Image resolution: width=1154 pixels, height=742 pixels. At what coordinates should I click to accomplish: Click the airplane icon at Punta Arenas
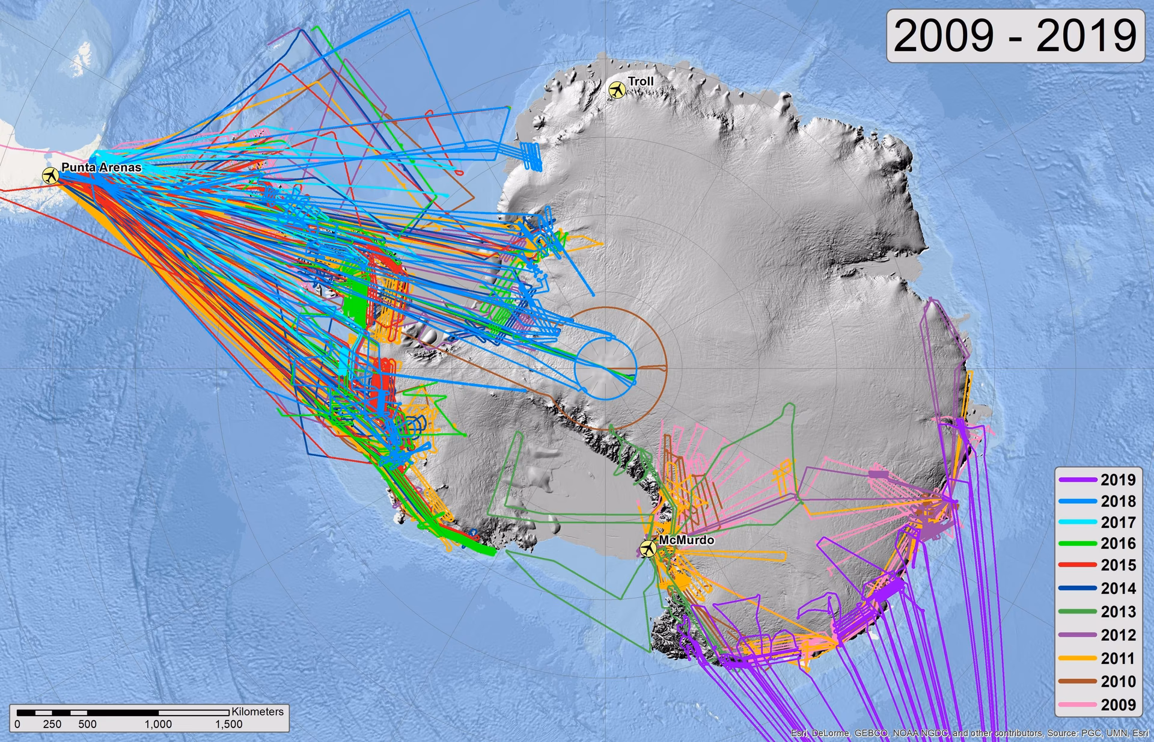pos(50,176)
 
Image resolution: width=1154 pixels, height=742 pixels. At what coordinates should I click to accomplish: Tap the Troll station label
pos(640,81)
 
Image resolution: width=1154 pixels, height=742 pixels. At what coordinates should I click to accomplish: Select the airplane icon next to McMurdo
pos(648,548)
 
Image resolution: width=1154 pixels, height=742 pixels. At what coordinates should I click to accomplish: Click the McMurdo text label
pos(686,540)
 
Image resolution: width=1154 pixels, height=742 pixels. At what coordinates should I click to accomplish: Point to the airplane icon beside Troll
pos(617,90)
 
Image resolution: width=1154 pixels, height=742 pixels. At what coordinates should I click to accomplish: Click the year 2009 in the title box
pos(944,36)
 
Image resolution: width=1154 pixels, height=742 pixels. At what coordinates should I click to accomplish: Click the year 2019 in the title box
pos(1086,36)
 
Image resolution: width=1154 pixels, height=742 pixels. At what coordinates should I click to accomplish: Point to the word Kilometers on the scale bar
pos(257,711)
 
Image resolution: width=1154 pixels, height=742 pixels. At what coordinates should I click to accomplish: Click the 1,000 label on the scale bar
pos(158,724)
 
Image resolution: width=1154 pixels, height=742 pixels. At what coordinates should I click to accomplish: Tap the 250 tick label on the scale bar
pos(52,724)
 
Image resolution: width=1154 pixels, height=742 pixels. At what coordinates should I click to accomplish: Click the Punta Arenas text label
pos(101,167)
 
